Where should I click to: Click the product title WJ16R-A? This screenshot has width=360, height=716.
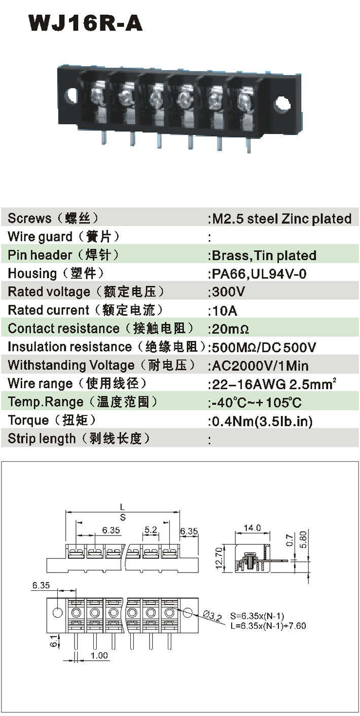tap(86, 23)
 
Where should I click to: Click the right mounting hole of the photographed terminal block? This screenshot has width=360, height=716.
tap(281, 104)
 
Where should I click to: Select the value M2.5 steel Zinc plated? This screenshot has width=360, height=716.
tap(281, 219)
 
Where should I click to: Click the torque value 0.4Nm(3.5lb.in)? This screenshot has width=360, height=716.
tap(262, 421)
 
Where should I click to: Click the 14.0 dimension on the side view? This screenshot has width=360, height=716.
tap(252, 528)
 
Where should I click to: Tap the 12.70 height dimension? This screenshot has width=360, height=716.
tap(219, 558)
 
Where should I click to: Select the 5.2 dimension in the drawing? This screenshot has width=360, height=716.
tap(151, 530)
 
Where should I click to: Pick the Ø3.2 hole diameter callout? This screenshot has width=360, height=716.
tap(212, 616)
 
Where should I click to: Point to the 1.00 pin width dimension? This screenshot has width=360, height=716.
tap(99, 656)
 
